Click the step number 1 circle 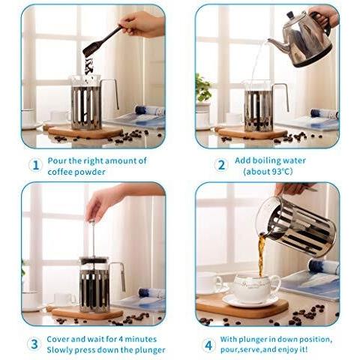pyautogui.click(x=36, y=165)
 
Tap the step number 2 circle pyautogui.click(x=221, y=165)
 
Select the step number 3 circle pyautogui.click(x=34, y=344)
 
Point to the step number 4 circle pyautogui.click(x=208, y=345)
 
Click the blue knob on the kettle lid pyautogui.click(x=291, y=14)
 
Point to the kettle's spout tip pyautogui.click(x=269, y=40)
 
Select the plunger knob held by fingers pyautogui.click(x=91, y=220)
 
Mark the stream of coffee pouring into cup pyautogui.click(x=261, y=255)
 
